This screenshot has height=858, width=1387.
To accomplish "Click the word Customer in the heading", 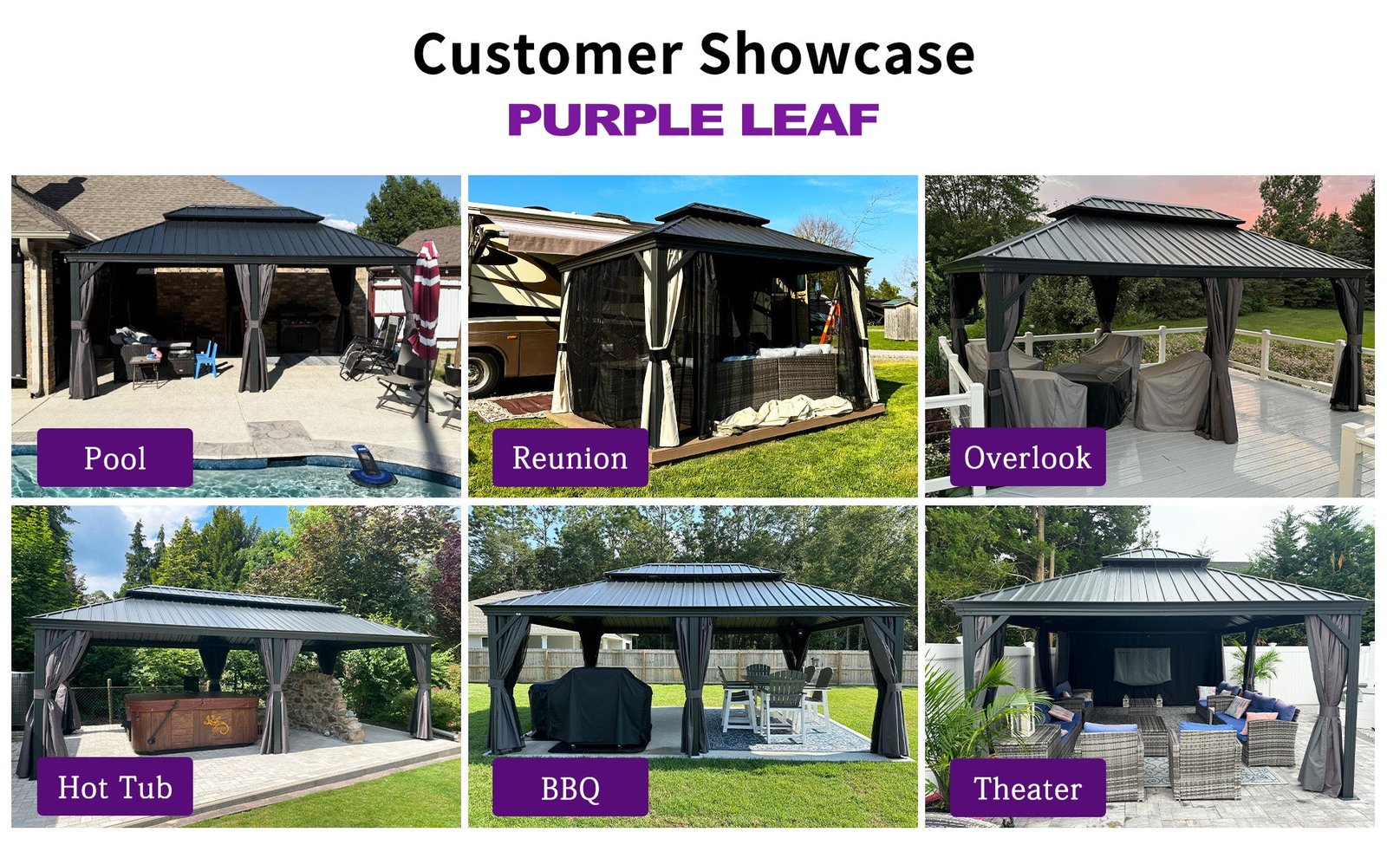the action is tap(548, 54).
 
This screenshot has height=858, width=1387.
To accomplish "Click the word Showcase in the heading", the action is tap(837, 54).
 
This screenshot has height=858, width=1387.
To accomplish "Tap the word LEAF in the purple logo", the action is tap(810, 120).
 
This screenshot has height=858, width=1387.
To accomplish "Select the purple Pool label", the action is tap(115, 458).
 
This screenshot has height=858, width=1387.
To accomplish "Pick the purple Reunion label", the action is tap(570, 458).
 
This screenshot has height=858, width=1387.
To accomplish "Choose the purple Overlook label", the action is tap(1028, 457).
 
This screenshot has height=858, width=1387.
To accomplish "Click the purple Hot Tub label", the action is tap(115, 786).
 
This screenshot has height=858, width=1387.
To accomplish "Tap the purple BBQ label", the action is tap(570, 788).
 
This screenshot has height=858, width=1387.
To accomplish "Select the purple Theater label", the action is tap(1028, 788).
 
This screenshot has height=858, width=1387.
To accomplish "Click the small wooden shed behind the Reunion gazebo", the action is tap(901, 320).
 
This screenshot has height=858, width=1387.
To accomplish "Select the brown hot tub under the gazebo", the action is tap(191, 722).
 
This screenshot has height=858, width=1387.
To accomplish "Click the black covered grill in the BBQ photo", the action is tap(591, 707).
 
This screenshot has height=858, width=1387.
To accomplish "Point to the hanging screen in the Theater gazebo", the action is tap(1142, 666).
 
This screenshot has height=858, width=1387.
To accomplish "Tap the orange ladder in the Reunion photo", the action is tap(830, 322).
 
